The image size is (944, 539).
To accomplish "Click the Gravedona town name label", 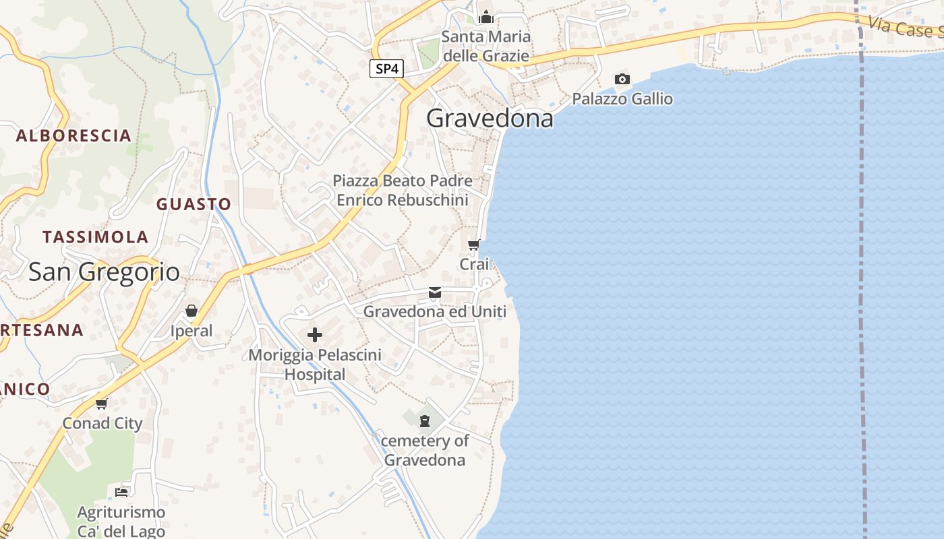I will (490, 119).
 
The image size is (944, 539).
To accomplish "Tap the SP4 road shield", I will (386, 69).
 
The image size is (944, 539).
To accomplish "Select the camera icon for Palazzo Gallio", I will (622, 80).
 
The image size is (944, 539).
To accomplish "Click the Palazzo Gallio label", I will (622, 99).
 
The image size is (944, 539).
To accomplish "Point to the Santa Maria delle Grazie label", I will (485, 46).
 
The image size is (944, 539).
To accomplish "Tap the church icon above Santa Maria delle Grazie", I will (486, 18).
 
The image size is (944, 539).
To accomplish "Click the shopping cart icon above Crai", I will (474, 245).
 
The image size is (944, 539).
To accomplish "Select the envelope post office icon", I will (435, 292).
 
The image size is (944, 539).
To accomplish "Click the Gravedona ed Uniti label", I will (435, 311).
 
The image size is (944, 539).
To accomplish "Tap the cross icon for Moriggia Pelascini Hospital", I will (315, 335).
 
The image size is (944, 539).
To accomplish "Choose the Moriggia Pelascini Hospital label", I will (315, 364).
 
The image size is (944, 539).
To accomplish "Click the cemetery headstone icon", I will (424, 421).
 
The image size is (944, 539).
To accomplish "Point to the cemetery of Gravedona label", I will (425, 450).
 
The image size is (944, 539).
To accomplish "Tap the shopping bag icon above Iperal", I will (191, 311).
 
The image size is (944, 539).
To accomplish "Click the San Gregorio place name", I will (104, 272).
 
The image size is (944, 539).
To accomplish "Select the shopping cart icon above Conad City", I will (102, 404).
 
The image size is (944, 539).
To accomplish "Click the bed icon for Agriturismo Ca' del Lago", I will (121, 492).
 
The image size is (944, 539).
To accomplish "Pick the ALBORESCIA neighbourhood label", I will (73, 136).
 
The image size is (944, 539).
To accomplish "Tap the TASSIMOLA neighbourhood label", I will (95, 237).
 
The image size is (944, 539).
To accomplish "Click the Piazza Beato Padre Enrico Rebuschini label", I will (403, 190).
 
